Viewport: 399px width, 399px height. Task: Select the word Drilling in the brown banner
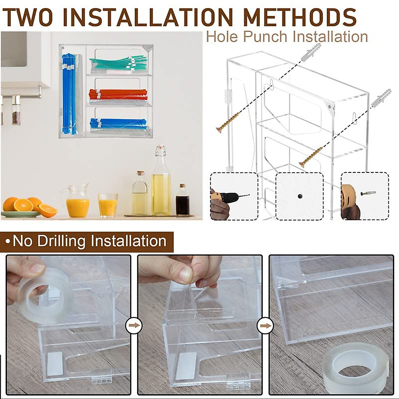tap(62, 241)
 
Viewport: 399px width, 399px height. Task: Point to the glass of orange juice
tap(107, 205)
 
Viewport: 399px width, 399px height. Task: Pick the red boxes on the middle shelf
tap(118, 94)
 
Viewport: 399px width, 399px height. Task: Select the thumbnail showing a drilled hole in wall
tap(300, 196)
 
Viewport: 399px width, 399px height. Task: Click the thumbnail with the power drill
tap(234, 196)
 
